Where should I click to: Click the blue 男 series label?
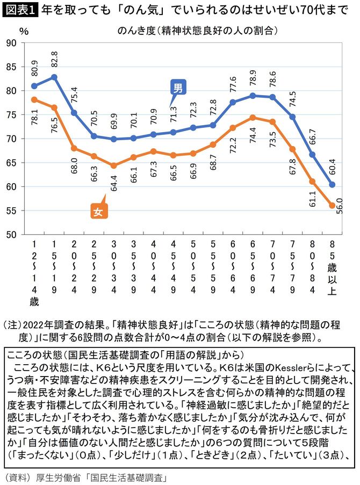pos(178,87)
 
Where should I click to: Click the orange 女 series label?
pos(98,211)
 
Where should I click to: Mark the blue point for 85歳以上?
pos(333,184)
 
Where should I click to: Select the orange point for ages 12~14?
pos(34,99)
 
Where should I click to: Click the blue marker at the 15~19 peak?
pos(54,77)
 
